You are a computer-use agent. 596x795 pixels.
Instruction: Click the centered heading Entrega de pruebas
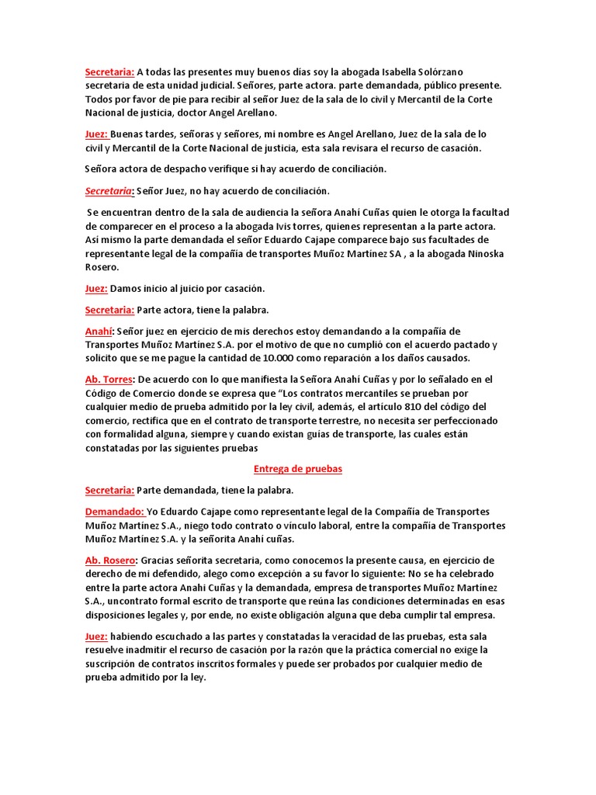(x=298, y=470)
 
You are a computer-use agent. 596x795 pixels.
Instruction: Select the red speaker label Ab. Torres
(x=109, y=380)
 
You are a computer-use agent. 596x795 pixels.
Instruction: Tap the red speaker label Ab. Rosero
(x=111, y=560)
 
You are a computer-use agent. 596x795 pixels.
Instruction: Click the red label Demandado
(x=115, y=512)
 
